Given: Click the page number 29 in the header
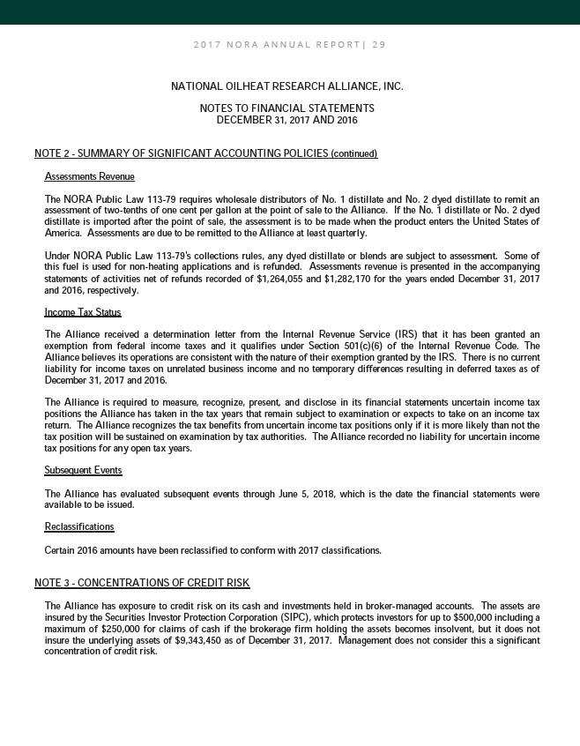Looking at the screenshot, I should (x=379, y=44).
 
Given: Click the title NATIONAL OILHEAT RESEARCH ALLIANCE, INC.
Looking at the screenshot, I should (x=286, y=86).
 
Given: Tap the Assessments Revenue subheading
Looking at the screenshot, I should (x=89, y=176).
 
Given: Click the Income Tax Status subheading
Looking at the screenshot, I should (x=82, y=312).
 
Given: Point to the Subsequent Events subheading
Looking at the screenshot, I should (x=83, y=470).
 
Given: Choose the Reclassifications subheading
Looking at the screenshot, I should (x=78, y=526).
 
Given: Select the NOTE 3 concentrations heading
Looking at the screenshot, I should (x=142, y=584).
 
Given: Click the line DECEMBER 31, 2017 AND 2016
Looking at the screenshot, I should (x=286, y=119).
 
